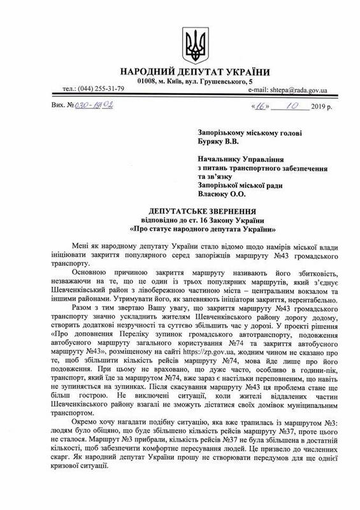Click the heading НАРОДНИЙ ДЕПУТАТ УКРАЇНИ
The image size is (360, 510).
point(179,71)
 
